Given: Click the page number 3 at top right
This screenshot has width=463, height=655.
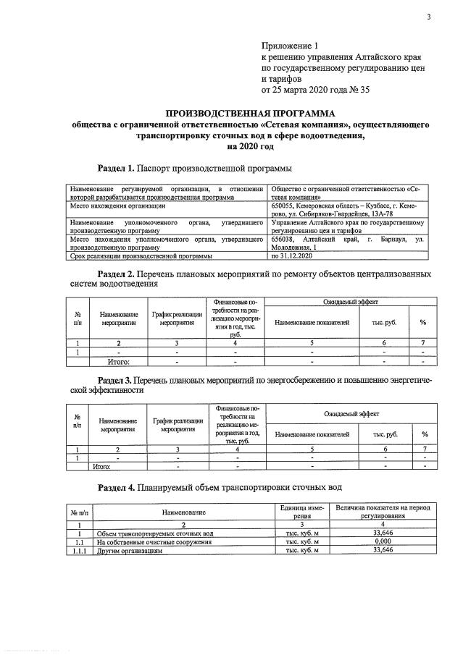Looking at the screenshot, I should point(428,17).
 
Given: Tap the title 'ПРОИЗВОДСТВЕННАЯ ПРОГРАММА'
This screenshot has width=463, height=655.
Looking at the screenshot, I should point(251,114).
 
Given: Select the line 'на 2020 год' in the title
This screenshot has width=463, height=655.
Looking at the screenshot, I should point(251,145).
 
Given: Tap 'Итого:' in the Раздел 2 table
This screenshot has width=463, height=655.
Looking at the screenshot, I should point(117,360).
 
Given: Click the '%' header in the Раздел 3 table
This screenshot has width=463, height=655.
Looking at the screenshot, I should point(425,434).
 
